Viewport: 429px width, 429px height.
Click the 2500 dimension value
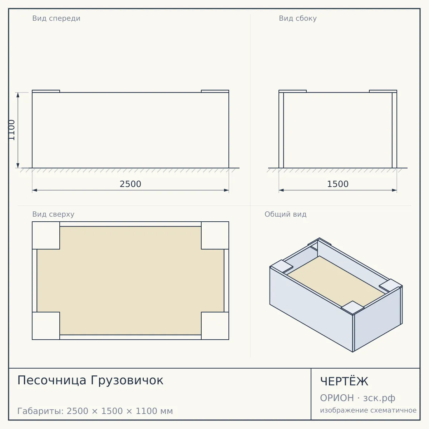(130, 184)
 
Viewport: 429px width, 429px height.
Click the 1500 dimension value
(338, 184)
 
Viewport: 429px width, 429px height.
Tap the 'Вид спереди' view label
(56, 18)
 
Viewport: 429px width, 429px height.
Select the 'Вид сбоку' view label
(298, 18)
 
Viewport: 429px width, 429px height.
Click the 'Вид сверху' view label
(53, 214)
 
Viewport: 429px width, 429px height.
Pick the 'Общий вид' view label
(285, 214)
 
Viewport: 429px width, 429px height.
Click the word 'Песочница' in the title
(52, 380)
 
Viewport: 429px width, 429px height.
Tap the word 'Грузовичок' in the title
(127, 380)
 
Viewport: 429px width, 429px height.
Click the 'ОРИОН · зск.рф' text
(357, 398)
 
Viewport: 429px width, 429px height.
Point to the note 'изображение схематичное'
(368, 410)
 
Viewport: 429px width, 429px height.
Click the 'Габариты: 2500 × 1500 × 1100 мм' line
(95, 411)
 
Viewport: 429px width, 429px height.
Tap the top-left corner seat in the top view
(46, 235)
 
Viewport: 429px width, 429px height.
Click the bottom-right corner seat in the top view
(215, 326)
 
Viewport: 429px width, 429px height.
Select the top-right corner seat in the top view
(215, 235)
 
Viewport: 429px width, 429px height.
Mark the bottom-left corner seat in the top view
(46, 326)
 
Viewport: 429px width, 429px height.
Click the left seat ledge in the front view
(46, 91)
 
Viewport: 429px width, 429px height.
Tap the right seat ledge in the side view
(383, 91)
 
